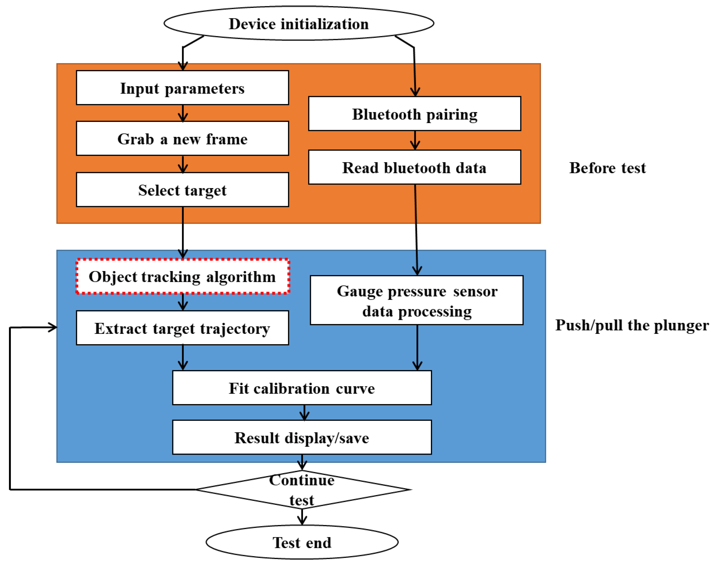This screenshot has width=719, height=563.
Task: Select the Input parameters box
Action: coord(182,88)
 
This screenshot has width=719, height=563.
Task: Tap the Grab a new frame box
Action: coord(182,139)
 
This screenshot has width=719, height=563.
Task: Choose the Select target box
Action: coord(182,190)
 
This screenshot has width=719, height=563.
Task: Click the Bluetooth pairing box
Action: coord(415,114)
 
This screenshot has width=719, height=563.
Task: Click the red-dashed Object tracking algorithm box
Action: coord(182,276)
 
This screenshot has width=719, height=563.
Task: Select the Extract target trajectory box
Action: coord(182,328)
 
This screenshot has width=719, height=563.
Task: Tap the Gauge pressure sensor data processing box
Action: coord(417,300)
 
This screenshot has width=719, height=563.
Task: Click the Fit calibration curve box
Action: coord(302,388)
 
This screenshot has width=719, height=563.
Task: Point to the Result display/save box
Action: coord(302,438)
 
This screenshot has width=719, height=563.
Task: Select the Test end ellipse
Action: coord(302,542)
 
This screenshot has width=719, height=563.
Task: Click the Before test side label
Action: coord(607,168)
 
